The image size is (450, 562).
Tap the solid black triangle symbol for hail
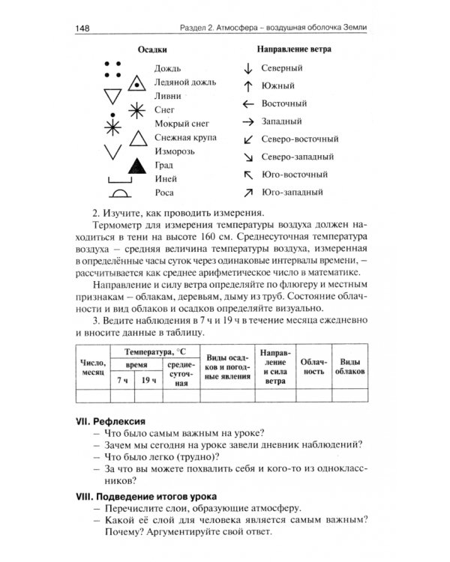(x=136, y=166)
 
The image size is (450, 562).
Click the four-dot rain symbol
(x=112, y=69)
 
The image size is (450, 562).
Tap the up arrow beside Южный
(x=247, y=85)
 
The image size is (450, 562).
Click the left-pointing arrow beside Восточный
(x=247, y=103)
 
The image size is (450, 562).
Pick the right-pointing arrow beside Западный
(x=247, y=121)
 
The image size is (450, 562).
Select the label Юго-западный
(x=292, y=193)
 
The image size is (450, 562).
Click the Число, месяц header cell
(x=93, y=367)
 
